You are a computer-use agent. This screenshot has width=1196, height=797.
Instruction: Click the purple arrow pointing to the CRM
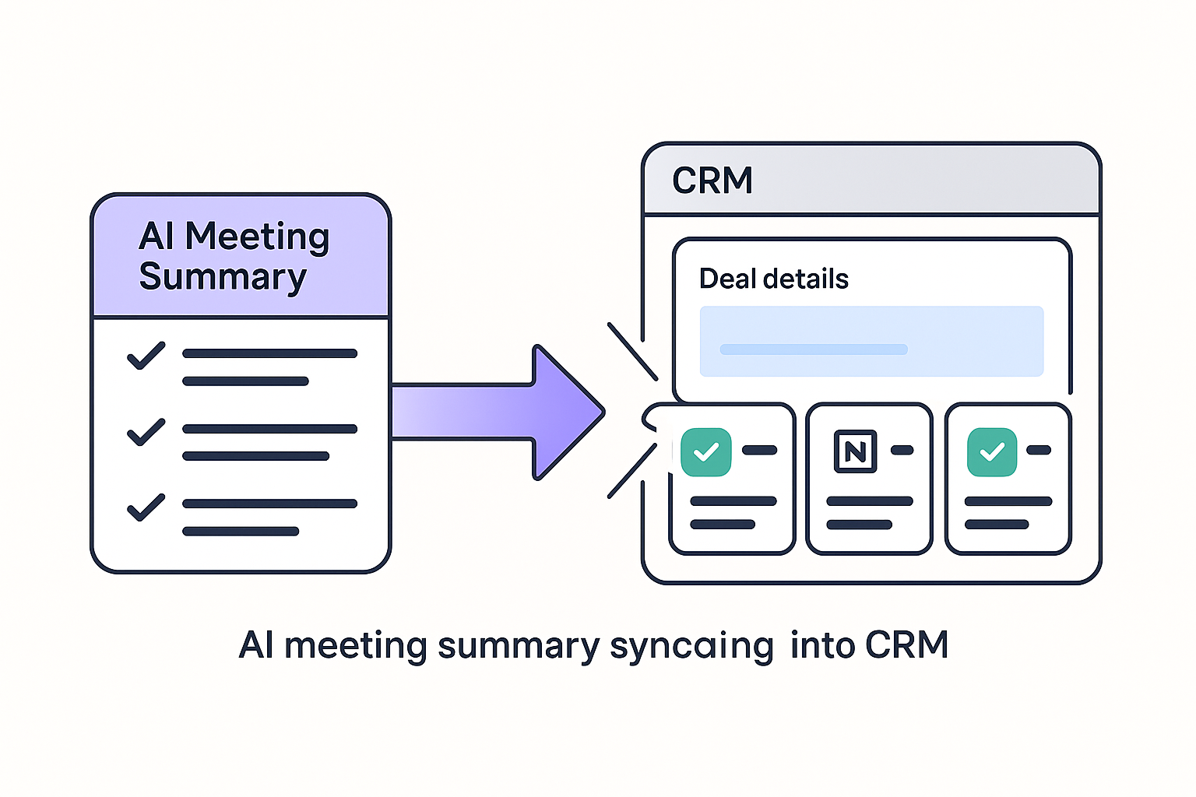(498, 412)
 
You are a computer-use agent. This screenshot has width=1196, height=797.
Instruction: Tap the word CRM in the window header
(712, 181)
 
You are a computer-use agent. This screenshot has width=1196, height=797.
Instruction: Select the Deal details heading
(773, 279)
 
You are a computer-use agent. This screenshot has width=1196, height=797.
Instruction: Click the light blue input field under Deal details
(871, 342)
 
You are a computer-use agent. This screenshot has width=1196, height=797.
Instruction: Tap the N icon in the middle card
(855, 451)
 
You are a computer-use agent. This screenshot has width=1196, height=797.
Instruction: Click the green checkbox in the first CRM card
(705, 451)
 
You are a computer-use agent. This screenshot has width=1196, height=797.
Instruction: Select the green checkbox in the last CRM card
(991, 451)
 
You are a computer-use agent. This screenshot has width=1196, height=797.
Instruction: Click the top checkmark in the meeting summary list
(146, 356)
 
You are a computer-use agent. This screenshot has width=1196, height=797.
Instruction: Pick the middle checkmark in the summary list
(146, 432)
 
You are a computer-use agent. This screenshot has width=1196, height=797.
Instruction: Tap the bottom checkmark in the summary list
(146, 507)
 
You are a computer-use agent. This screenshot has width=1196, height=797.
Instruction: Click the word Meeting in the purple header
(257, 237)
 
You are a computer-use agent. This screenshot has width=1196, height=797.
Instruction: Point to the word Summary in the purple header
(223, 278)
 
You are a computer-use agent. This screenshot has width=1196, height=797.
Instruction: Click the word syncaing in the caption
(691, 646)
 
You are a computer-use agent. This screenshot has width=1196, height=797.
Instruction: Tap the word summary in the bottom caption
(519, 646)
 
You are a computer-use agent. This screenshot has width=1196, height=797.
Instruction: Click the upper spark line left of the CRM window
(632, 351)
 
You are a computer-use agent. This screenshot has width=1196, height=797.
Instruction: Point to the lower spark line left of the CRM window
(631, 471)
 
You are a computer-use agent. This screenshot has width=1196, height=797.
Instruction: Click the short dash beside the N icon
(902, 450)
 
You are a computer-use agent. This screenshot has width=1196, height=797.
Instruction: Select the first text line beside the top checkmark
(269, 353)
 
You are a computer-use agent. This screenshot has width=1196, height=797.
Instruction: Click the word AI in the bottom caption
(256, 645)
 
